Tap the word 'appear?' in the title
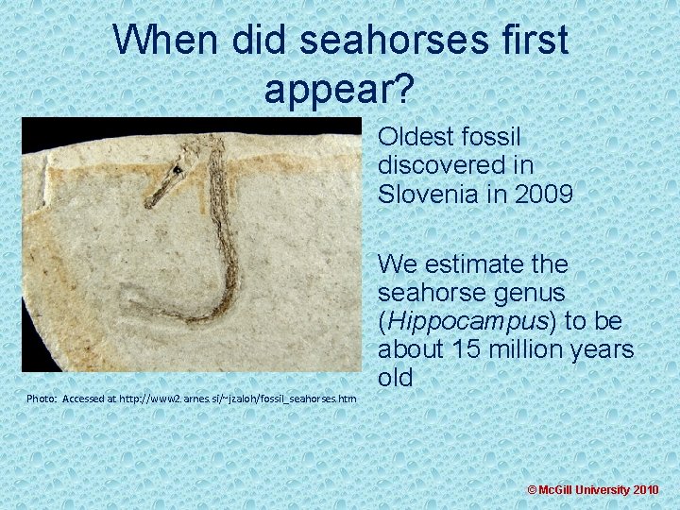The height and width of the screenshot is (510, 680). coord(339,89)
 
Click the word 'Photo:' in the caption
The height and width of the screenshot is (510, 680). coord(42,399)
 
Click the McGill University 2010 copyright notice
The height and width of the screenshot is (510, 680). coord(593,490)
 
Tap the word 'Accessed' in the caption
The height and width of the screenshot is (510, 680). coord(88,399)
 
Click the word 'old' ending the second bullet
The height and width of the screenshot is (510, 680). coord(396,378)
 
